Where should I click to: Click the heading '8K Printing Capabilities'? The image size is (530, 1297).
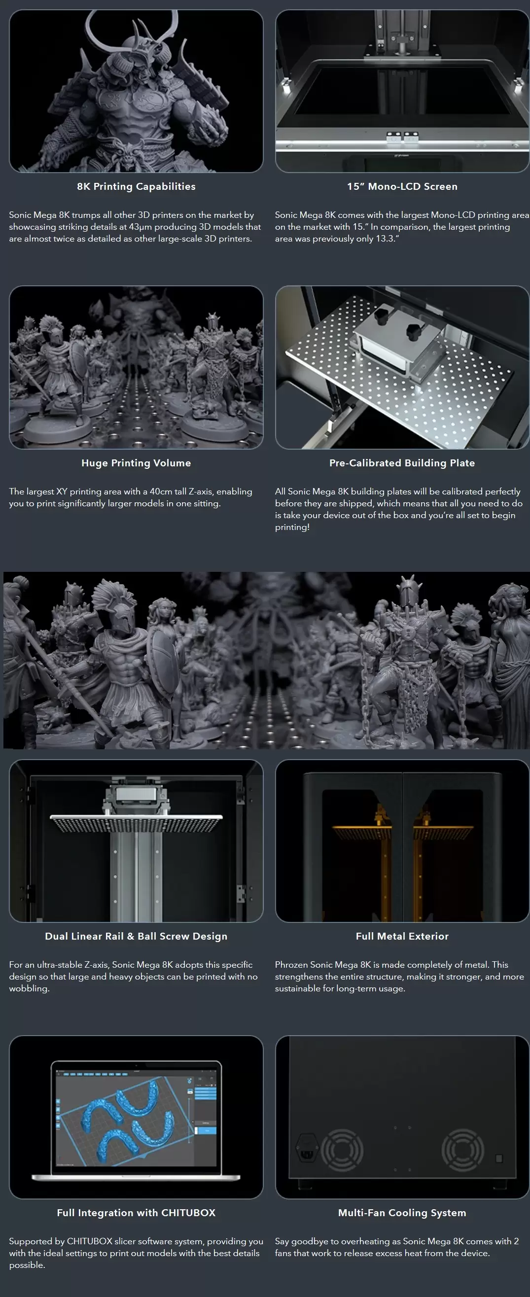coord(136,186)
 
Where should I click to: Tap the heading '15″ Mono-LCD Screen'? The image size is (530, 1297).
coord(402,186)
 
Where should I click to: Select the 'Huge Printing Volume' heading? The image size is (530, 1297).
coord(136,463)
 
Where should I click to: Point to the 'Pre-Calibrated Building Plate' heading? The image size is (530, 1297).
coord(402,463)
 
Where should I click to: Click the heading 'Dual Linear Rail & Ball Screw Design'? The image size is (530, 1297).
coord(136,936)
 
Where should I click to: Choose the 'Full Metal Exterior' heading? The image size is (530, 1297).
coord(402,936)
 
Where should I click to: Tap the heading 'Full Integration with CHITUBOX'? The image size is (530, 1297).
coord(136,1212)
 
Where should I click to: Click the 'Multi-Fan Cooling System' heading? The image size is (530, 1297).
coord(402,1212)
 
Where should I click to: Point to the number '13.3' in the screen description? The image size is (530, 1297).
coord(385,239)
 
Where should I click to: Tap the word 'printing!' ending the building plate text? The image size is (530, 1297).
coord(292,527)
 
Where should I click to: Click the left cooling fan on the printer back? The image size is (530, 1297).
coord(342,1151)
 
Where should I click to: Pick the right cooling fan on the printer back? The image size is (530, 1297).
coord(462,1151)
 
